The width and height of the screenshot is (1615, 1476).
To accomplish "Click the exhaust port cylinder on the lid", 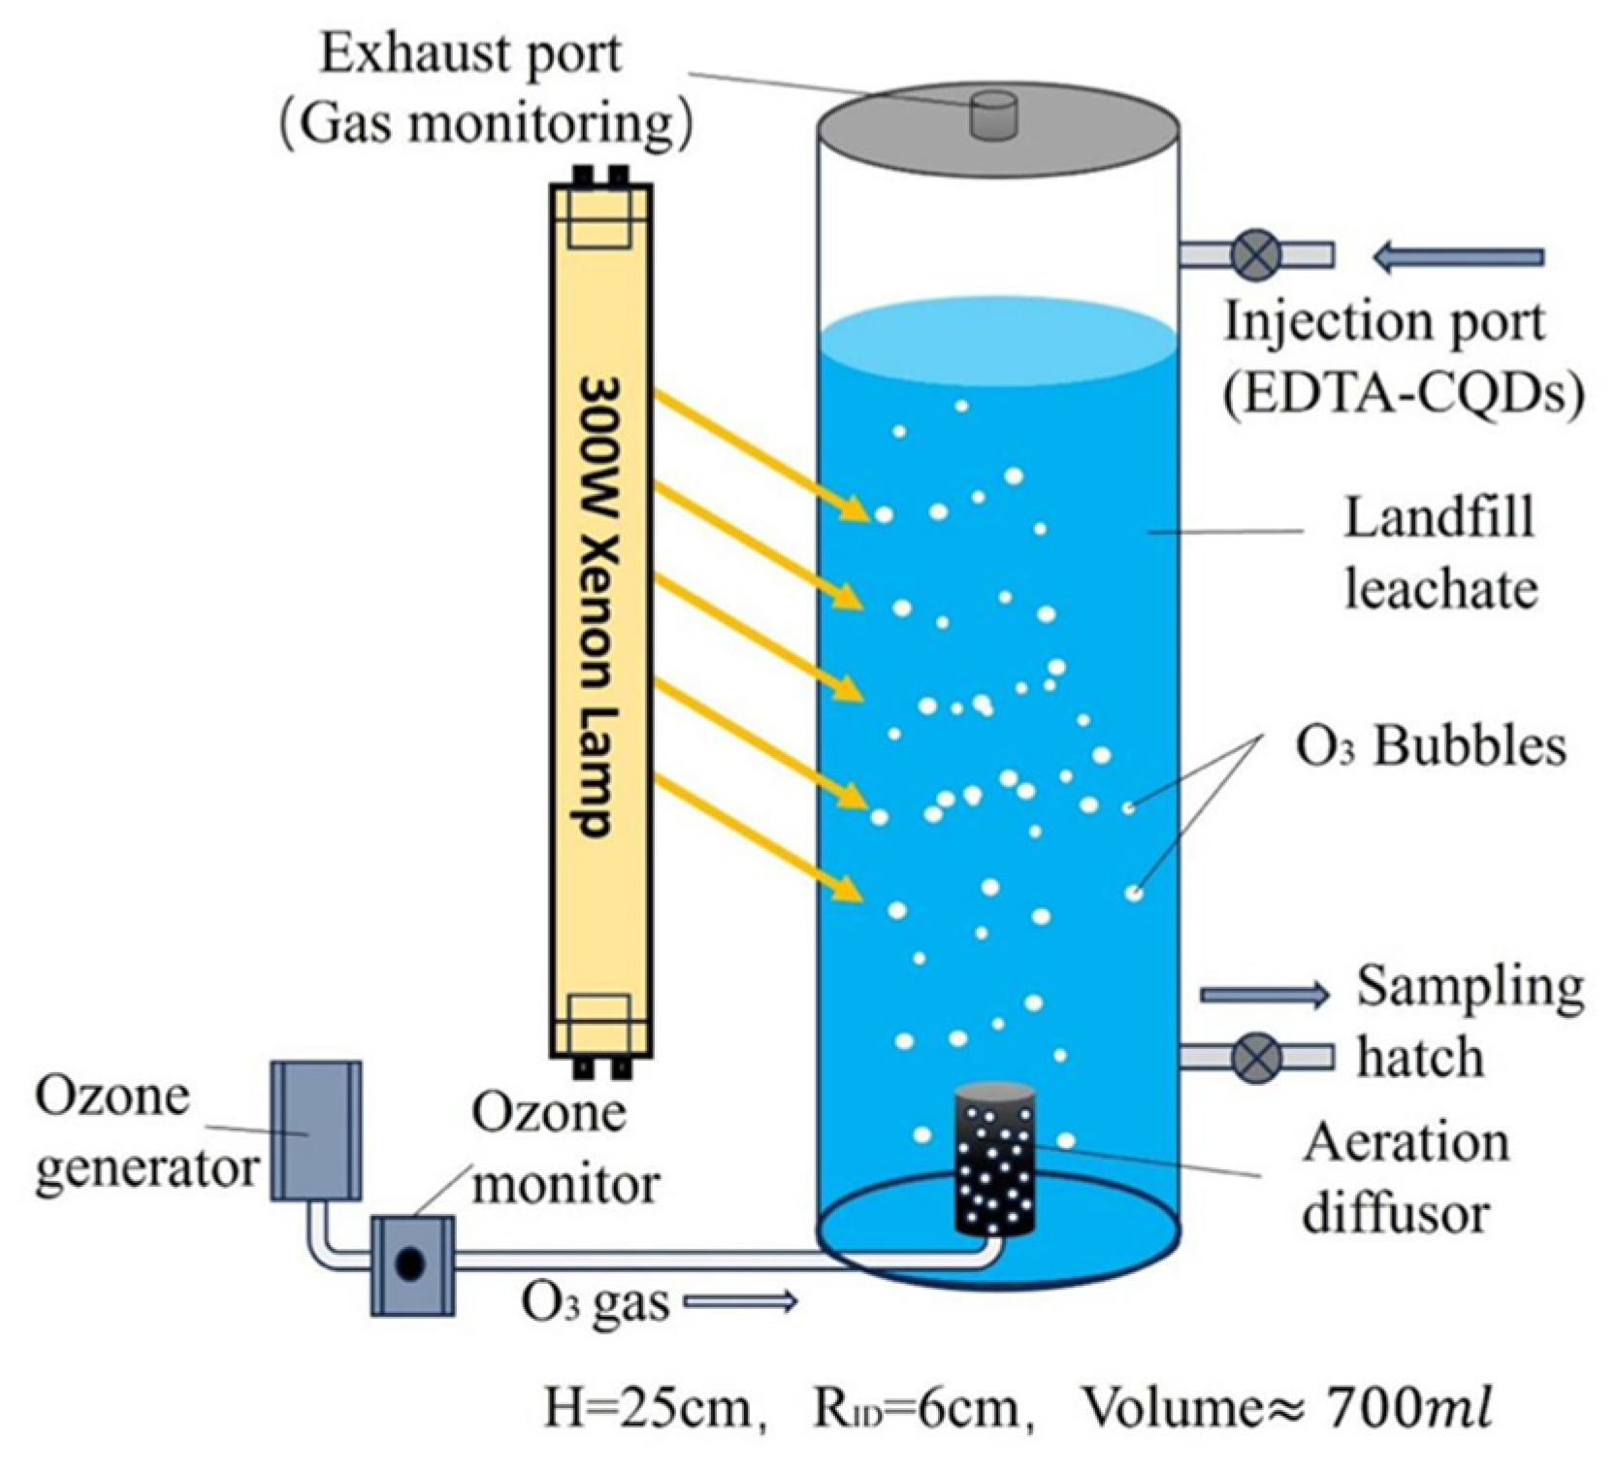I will coord(993,116).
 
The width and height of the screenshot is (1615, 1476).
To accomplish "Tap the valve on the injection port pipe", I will coord(1256,255).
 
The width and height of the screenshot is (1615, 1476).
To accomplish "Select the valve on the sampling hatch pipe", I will coord(1256,1057).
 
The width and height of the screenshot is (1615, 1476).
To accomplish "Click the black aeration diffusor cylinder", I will coord(993,1161).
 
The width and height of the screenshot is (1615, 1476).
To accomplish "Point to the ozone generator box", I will coord(316,1130).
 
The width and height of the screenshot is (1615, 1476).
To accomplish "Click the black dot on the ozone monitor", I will coord(410,1263).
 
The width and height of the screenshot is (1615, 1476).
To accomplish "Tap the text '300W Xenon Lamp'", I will coord(598,607).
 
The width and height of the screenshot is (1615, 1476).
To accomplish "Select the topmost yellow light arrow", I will coord(762,454).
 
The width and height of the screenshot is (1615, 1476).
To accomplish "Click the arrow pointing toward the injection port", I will coord(1458,257).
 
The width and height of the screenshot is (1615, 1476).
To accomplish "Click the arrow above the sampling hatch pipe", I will coord(1264,994).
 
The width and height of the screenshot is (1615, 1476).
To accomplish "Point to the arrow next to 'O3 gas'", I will coord(740,1302).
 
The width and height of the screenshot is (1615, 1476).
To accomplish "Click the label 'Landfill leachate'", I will coord(1439,553).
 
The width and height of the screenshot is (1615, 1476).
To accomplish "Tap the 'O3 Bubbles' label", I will coord(1431,747).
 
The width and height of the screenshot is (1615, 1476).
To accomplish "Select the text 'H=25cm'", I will coord(647,1407).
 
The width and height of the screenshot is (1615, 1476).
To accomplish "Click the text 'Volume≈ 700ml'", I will coord(1285,1407).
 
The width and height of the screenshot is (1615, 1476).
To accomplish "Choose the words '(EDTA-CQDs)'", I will coord(1403,394).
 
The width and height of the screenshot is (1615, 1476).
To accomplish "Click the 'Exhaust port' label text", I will coord(470,54).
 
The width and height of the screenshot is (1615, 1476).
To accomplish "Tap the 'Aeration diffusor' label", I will coord(1405,1178).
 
